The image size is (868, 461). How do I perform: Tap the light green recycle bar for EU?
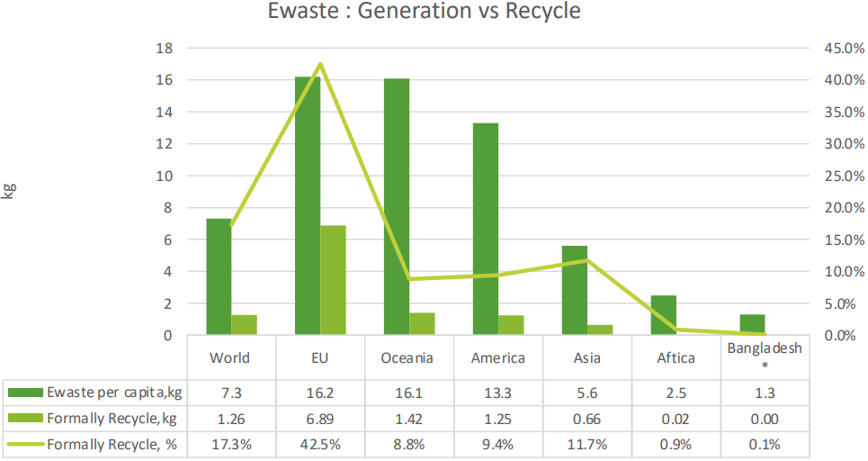(x=333, y=280)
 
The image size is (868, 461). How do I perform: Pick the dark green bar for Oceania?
(x=397, y=206)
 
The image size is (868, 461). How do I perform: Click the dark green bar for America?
(x=486, y=229)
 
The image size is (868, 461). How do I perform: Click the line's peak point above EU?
(x=319, y=64)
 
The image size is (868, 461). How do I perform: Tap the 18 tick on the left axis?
(x=166, y=48)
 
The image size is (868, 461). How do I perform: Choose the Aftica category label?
(x=676, y=357)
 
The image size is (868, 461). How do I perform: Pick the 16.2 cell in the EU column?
(x=319, y=393)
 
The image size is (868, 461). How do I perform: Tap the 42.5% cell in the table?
(x=319, y=444)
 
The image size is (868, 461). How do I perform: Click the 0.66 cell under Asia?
(x=587, y=418)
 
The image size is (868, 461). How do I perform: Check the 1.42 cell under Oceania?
(x=408, y=418)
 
